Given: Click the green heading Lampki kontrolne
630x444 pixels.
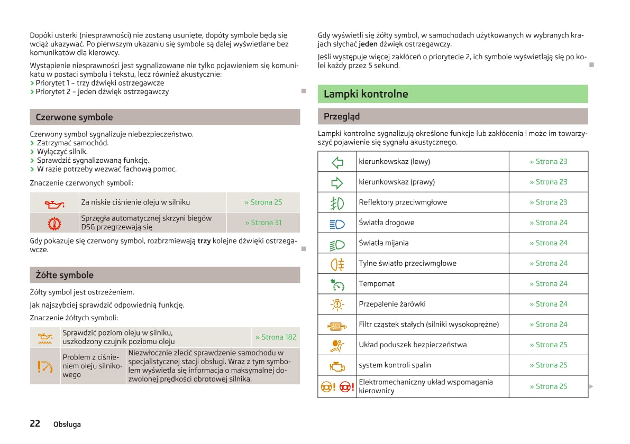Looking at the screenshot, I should (366, 94).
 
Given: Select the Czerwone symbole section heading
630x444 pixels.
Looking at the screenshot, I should (74, 117).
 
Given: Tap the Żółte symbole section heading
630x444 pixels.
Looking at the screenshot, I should (65, 275).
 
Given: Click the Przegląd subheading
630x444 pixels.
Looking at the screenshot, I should (341, 116).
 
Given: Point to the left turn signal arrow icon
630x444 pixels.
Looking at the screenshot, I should (337, 162).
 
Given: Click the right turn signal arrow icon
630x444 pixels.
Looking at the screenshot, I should (337, 182).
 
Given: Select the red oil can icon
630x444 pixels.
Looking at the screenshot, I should (54, 203).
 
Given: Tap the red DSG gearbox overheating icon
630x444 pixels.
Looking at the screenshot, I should (54, 223).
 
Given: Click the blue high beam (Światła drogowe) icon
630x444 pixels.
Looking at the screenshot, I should (337, 223).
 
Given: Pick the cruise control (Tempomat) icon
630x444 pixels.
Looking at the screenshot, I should (337, 284).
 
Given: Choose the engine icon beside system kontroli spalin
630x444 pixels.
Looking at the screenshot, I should (337, 366).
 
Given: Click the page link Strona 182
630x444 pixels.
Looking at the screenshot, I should (276, 337).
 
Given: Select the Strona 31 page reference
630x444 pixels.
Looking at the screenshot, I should (263, 223).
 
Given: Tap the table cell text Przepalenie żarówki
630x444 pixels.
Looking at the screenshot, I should (392, 304).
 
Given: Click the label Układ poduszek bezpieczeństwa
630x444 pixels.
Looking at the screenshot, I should (413, 345).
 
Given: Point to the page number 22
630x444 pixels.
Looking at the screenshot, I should (35, 423).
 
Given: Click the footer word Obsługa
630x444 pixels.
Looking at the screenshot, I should (67, 424).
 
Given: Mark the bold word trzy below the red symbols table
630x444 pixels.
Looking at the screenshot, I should (204, 241).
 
